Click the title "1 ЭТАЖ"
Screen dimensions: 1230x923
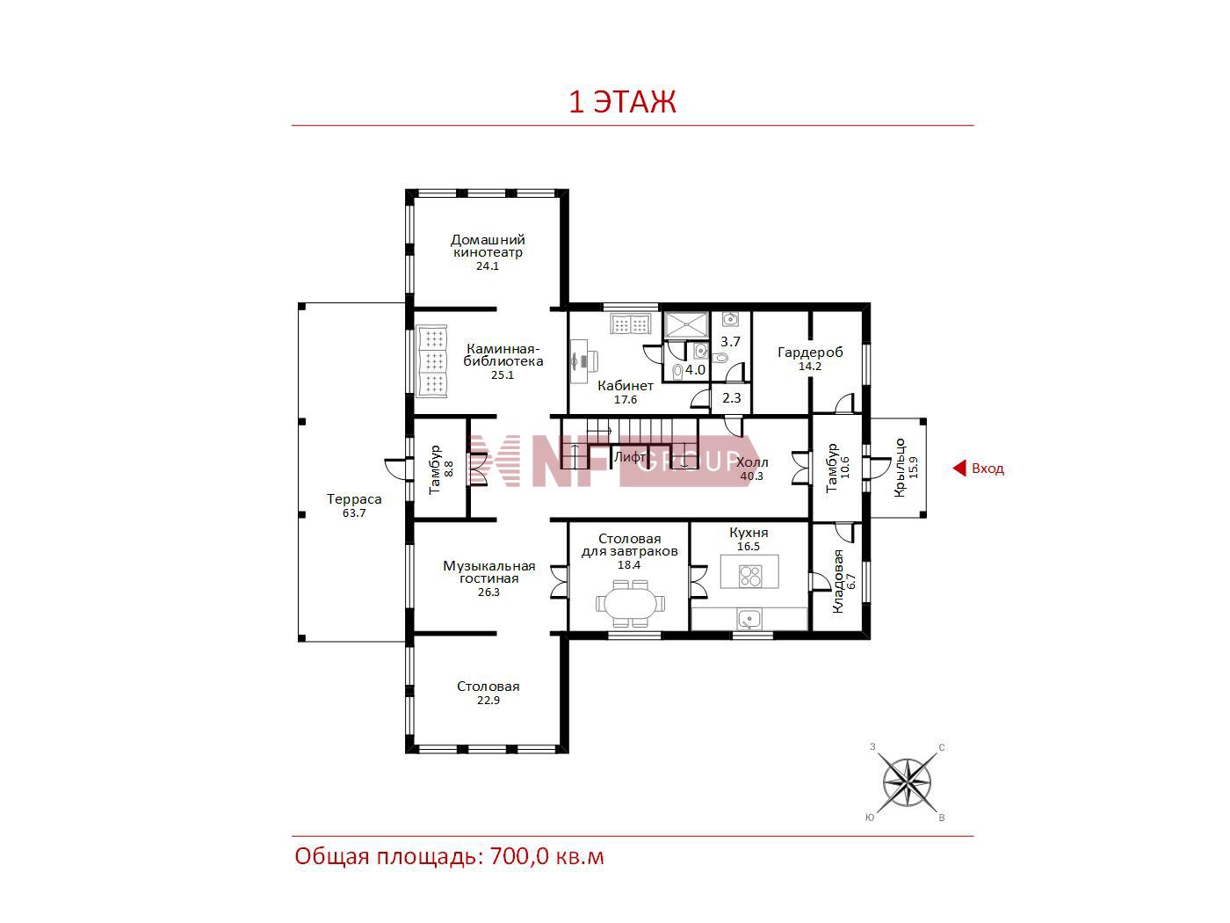[x=622, y=101]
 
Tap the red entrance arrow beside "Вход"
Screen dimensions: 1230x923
[x=959, y=468]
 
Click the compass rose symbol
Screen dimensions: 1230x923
[x=906, y=782]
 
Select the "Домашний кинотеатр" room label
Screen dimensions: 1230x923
[x=488, y=245]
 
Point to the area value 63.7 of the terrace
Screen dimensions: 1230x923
[x=353, y=512]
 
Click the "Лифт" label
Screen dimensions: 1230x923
[x=629, y=457]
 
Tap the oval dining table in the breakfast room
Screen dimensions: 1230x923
[x=631, y=604]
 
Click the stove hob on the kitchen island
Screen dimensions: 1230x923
[x=749, y=576]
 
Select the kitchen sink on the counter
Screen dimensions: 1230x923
[x=748, y=619]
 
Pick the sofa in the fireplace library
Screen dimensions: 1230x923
[x=430, y=360]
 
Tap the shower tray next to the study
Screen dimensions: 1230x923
[x=686, y=325]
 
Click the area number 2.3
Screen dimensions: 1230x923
[x=731, y=398]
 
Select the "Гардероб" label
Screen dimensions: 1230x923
[x=810, y=352]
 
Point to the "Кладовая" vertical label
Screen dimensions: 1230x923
[x=837, y=580]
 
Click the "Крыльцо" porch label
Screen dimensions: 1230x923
[x=900, y=467]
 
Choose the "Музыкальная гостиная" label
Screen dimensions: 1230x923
[x=488, y=571]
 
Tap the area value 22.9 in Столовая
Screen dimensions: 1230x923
[x=488, y=700]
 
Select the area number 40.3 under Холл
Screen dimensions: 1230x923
[x=751, y=476]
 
